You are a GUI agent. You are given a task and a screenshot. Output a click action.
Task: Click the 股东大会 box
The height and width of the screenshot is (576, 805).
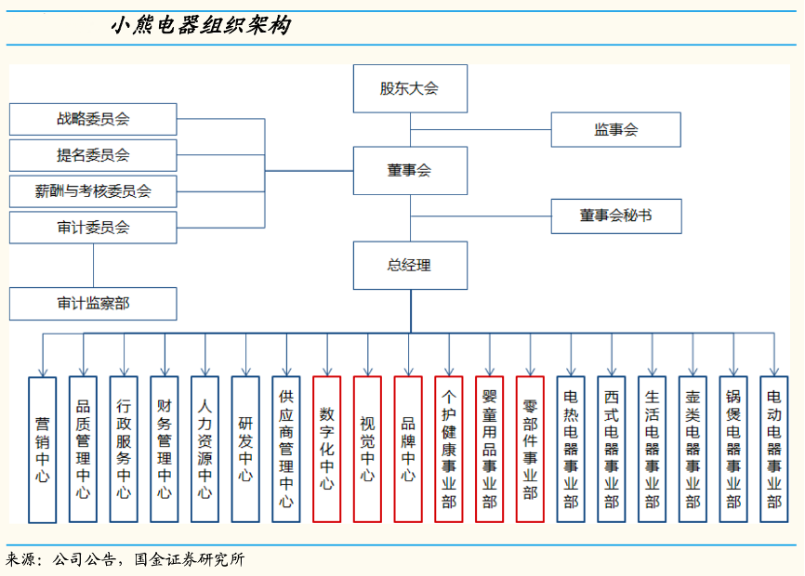coord(410,89)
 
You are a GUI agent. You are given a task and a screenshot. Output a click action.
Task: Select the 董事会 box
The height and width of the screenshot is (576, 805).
coord(410,171)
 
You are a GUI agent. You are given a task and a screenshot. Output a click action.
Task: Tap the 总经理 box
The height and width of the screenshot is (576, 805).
coord(410,266)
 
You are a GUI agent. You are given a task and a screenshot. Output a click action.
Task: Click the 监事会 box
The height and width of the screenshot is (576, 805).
coord(615,130)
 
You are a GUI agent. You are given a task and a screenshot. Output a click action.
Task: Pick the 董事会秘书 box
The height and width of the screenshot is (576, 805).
coord(615,216)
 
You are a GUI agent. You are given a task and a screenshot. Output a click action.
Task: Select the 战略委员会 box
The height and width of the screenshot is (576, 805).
coord(93,119)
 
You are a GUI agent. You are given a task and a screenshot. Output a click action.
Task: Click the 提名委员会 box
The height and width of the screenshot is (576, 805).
coord(93,155)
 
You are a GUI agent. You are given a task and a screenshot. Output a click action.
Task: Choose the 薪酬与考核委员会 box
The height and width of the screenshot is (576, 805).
coord(93,191)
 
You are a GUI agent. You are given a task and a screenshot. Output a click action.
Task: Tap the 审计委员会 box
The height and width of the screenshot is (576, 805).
coord(93,228)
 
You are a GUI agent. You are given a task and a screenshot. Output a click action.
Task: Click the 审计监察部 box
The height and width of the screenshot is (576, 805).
coord(93,304)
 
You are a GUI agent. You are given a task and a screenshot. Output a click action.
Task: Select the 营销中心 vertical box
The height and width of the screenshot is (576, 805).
coord(43,449)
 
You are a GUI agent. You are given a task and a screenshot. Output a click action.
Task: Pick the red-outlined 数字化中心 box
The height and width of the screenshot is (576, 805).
coord(327,449)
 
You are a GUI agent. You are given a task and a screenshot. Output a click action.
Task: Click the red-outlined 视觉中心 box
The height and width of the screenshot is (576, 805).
coord(367,449)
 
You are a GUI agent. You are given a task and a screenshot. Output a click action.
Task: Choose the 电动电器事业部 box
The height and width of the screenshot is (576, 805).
coord(773,449)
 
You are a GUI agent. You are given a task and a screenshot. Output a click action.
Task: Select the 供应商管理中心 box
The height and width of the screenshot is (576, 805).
coord(286,449)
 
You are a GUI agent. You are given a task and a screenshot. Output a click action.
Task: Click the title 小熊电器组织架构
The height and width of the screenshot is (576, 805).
coord(201,25)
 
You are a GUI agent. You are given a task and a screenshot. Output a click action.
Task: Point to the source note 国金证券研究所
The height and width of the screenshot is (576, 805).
coord(190,559)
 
